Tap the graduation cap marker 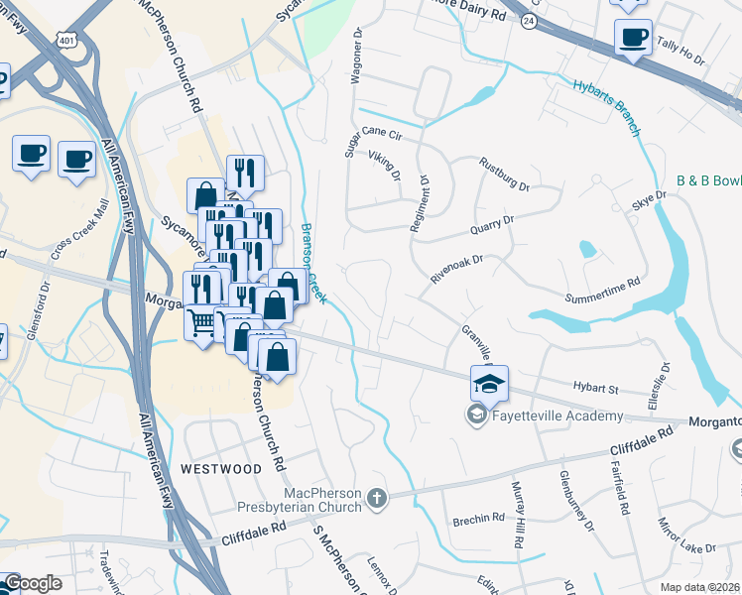[489, 383]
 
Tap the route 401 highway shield [66, 39]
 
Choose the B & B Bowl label [708, 181]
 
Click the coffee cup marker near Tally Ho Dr [633, 39]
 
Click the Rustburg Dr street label [504, 174]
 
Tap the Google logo [32, 583]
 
